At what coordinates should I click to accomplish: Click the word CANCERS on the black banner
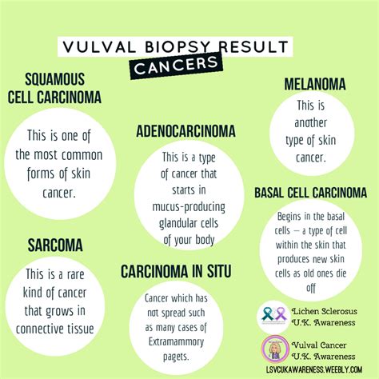click(176, 66)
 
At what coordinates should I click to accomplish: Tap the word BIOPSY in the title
click(178, 47)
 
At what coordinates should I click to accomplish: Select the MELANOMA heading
click(315, 84)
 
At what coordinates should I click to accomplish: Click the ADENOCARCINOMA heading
click(186, 131)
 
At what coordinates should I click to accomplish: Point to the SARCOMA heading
click(55, 245)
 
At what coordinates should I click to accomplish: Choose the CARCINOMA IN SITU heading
click(176, 271)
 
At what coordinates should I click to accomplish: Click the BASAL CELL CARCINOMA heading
click(311, 193)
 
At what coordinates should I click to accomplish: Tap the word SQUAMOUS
click(55, 79)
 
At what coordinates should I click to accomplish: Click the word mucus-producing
click(189, 207)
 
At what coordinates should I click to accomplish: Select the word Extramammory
click(176, 341)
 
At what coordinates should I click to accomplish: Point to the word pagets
click(176, 357)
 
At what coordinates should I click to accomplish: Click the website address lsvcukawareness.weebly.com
click(314, 369)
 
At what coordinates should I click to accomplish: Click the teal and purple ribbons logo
click(273, 317)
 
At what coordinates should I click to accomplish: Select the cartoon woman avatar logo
click(275, 349)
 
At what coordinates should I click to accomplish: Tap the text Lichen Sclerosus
click(325, 311)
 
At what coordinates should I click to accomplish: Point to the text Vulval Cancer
click(319, 345)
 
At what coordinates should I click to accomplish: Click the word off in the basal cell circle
click(311, 288)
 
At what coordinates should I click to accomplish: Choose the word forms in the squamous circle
click(41, 174)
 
